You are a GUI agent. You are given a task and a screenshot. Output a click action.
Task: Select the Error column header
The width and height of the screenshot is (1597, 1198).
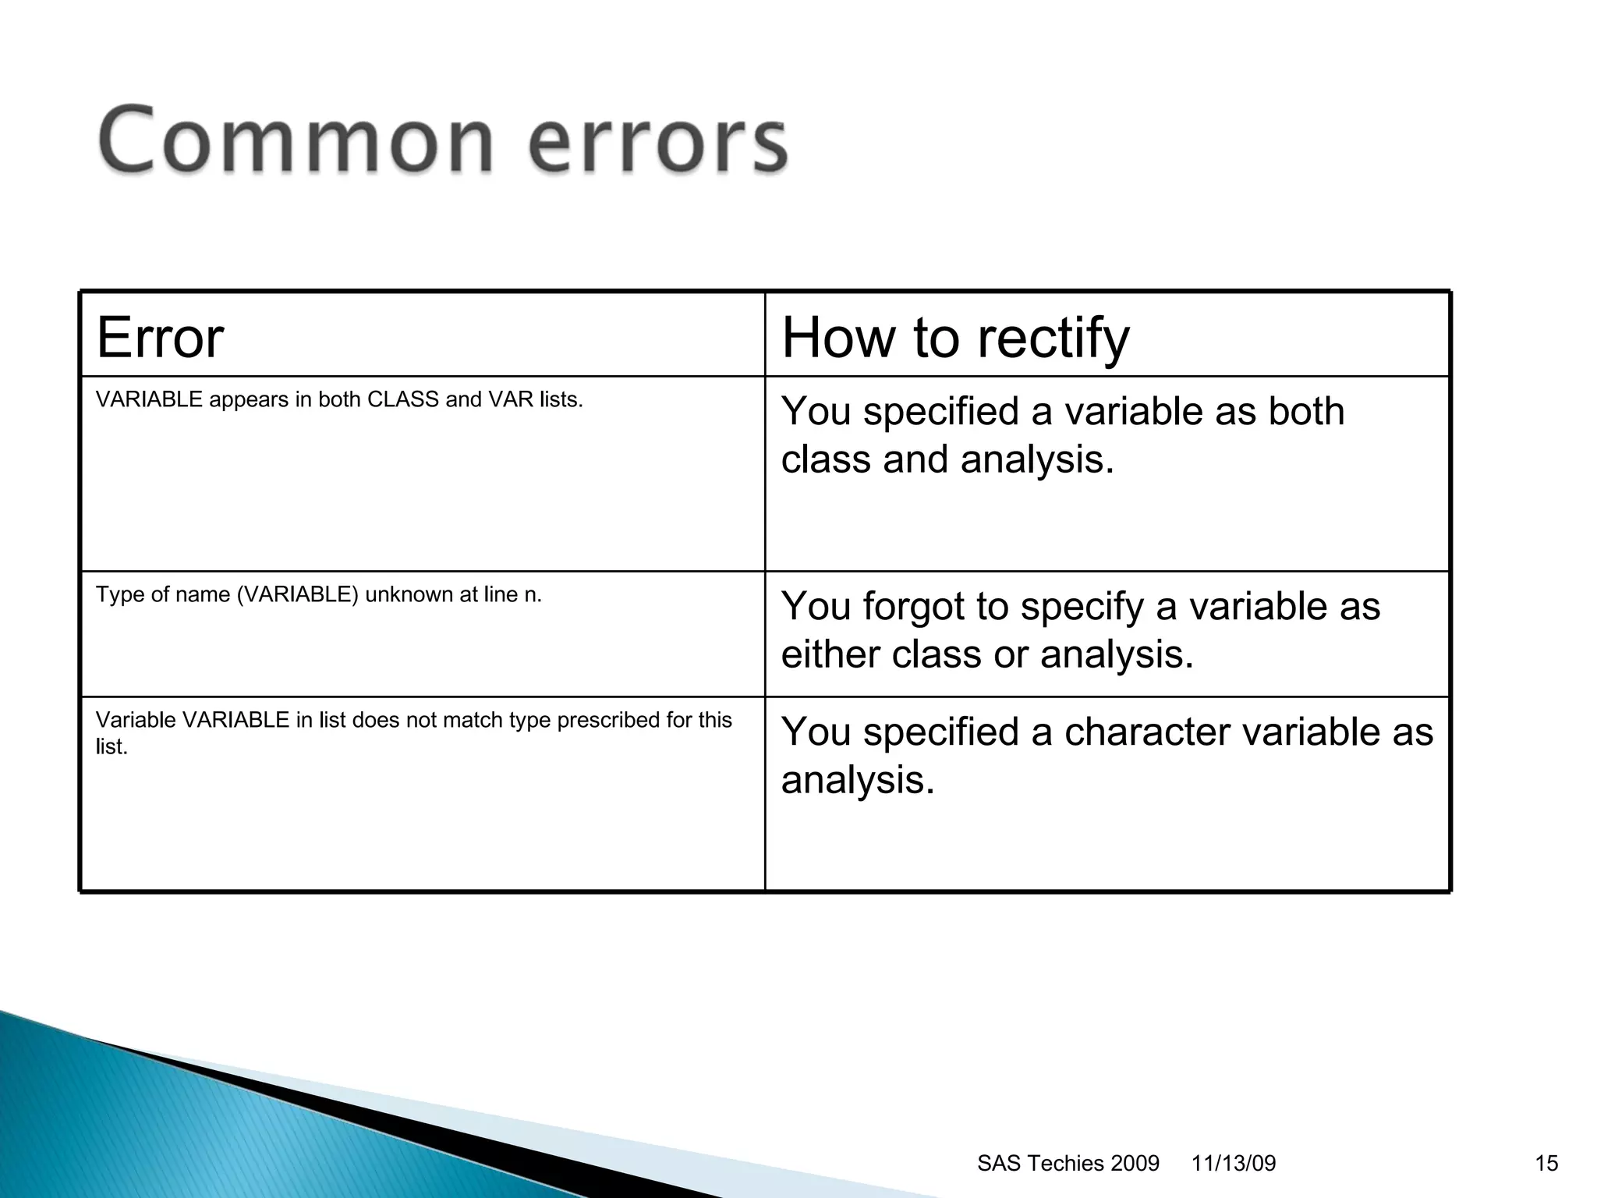pyautogui.click(x=160, y=338)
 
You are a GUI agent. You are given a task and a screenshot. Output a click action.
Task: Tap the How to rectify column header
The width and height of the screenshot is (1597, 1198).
pyautogui.click(x=955, y=338)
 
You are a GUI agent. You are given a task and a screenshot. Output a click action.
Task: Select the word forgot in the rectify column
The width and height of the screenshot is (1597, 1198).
pyautogui.click(x=913, y=606)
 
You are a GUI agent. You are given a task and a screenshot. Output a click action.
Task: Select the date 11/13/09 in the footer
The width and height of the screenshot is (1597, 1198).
pyautogui.click(x=1234, y=1164)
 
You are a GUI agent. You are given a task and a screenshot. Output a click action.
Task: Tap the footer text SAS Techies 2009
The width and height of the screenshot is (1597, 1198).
pyautogui.click(x=1068, y=1164)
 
